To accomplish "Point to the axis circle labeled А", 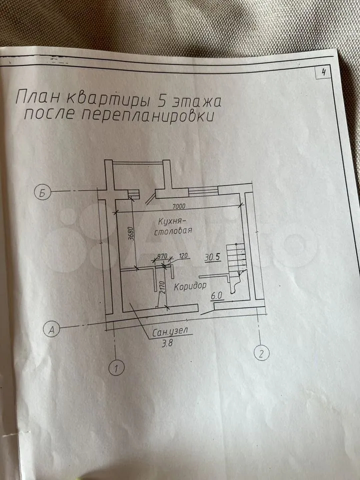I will pos(52,328).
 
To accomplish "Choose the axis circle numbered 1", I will pos(116,369).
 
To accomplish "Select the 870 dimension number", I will pos(161,256).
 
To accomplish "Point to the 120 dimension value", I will pos(183,256).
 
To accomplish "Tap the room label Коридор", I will pos(190,287).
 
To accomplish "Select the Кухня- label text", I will pos(172,220).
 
